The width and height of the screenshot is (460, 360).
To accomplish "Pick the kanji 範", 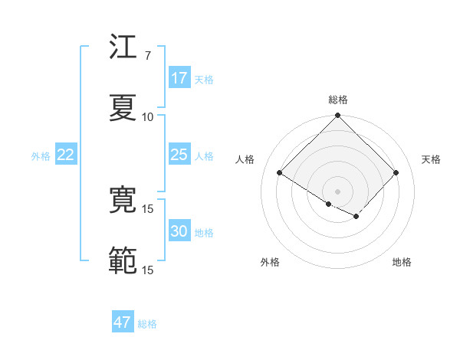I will point(123,261).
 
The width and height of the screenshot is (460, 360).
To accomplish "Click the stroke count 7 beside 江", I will point(147,56).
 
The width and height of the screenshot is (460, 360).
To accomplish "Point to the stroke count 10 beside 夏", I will point(148,117).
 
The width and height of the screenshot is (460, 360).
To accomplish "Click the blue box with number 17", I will point(179,78).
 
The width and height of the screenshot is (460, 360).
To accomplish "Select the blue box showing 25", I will point(179,155).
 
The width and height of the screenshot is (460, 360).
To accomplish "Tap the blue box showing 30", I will point(179,231).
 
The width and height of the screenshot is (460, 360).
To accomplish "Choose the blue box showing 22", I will point(66,155).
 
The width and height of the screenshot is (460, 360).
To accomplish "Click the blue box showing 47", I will point(123,322).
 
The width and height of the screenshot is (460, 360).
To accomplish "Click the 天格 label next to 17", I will point(204,79).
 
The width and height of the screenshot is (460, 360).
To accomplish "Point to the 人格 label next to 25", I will point(204,155).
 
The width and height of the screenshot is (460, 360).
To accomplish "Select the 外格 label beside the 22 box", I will point(41,155).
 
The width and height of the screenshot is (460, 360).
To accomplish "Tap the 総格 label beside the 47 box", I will point(147,323).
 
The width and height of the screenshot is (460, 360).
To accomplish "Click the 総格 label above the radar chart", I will point(337,100).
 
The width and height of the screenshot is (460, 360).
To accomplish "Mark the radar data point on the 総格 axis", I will point(337,116).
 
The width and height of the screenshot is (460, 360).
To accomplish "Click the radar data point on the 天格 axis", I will point(396,172).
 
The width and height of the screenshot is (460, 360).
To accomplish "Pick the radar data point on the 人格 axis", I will point(280,172).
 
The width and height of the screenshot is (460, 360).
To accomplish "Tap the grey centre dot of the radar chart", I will point(337,190).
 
